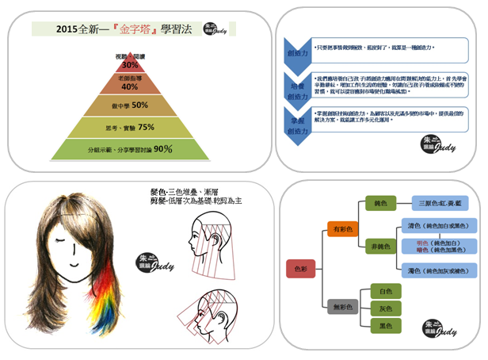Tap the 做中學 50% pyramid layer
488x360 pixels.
130,105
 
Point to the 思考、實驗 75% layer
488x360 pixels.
130,126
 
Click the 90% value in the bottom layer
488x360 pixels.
163,148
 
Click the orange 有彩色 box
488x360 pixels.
344,228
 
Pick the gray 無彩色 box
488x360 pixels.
344,304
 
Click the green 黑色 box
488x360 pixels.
386,326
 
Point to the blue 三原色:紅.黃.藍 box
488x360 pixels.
445,202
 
